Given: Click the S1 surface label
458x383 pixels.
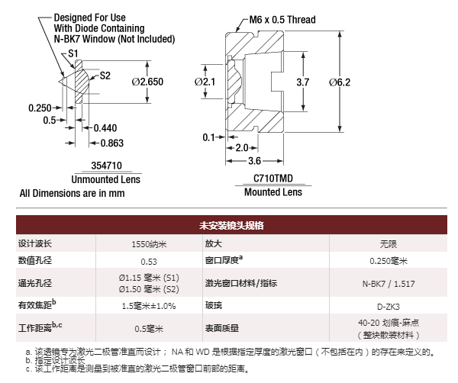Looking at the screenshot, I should pos(74,53).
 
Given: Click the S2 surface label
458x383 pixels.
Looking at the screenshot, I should pos(105,75).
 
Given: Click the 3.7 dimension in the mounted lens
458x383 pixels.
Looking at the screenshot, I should pos(302,82).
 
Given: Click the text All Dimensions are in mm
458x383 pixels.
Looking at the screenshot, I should pos(72,193).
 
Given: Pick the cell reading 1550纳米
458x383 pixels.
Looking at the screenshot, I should pos(149,244).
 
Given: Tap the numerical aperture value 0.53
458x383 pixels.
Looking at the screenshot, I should pos(149,262).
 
